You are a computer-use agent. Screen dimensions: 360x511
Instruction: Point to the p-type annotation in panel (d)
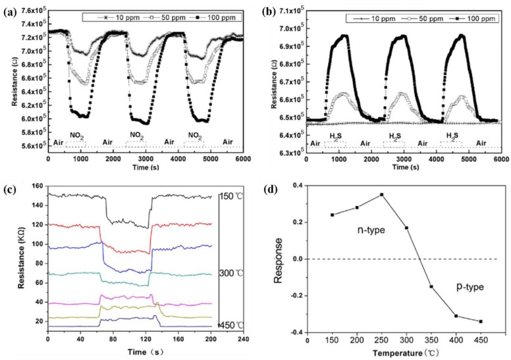pos(470,288)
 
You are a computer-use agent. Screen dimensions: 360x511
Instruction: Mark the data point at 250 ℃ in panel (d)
pos(381,195)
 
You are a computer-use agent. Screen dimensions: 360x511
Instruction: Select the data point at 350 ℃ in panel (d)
pos(431,286)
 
